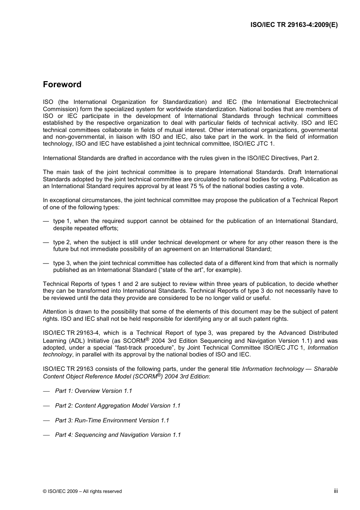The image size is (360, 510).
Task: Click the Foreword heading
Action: [62, 85]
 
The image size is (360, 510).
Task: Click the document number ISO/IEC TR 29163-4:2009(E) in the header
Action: [294, 25]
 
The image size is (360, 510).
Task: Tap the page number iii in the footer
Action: [335, 491]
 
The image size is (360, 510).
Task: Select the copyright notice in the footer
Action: [82, 491]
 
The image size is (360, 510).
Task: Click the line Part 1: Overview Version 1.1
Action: [93, 391]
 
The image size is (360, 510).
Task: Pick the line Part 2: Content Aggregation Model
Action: [117, 406]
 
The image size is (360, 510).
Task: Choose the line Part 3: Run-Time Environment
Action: [112, 421]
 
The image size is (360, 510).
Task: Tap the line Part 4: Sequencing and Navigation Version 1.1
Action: [117, 435]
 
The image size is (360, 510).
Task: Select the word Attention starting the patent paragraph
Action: [55, 312]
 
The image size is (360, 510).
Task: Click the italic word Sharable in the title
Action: [326, 369]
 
